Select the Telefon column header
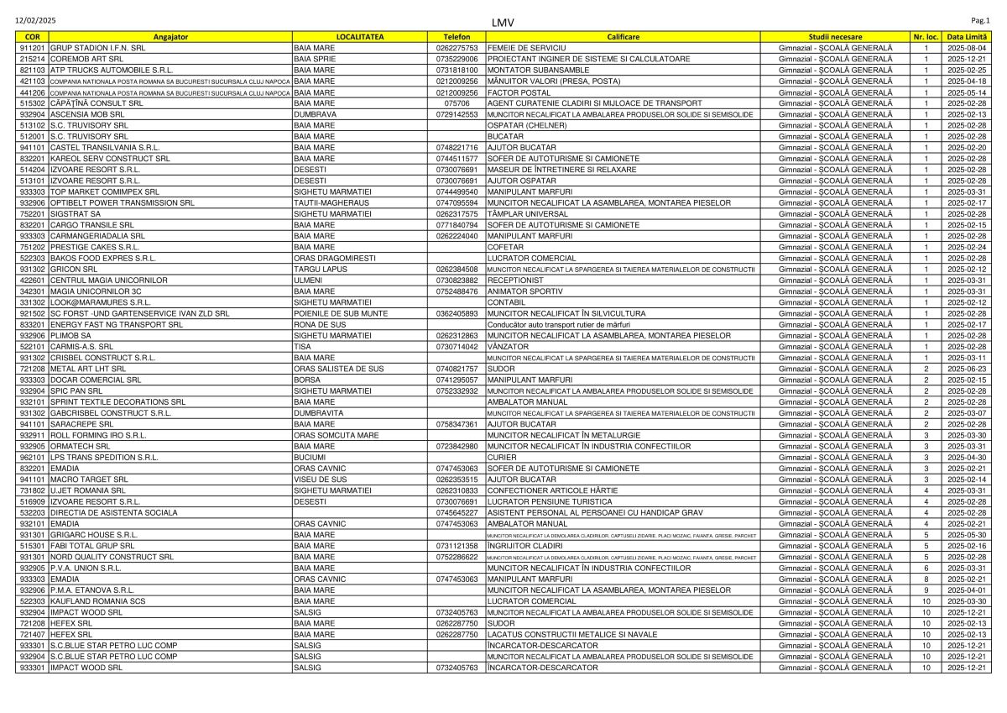pyautogui.click(x=457, y=37)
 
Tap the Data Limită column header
pyautogui.click(x=967, y=37)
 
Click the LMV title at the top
pyautogui.click(x=503, y=22)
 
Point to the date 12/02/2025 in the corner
pyautogui.click(x=34, y=18)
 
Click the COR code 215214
pyautogui.click(x=32, y=59)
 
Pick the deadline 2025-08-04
pyautogui.click(x=967, y=48)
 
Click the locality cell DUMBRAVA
pyautogui.click(x=316, y=114)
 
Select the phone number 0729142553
pyautogui.click(x=457, y=114)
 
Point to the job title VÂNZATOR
pyautogui.click(x=508, y=346)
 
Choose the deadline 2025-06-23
pyautogui.click(x=967, y=369)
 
